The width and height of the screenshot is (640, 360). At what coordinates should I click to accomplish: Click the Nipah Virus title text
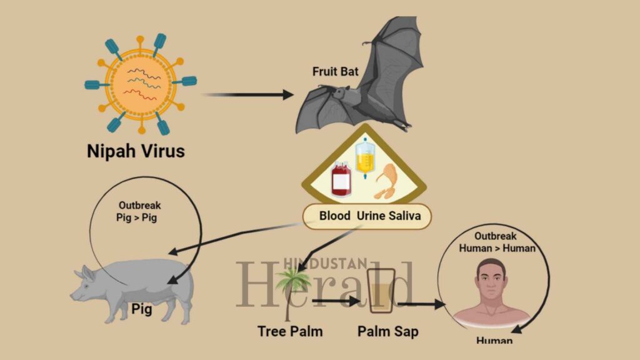click(x=136, y=151)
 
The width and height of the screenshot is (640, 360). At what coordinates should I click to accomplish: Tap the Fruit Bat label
click(x=336, y=71)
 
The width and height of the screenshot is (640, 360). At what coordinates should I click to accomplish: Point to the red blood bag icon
click(x=341, y=179)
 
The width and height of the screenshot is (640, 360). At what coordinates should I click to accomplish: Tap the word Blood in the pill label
click(x=335, y=216)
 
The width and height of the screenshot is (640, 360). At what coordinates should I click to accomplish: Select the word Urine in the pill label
click(x=373, y=216)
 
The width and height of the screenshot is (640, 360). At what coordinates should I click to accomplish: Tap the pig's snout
click(x=75, y=294)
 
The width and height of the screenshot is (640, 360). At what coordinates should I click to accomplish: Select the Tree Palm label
click(x=290, y=331)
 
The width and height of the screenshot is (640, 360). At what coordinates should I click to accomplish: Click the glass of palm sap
click(x=381, y=291)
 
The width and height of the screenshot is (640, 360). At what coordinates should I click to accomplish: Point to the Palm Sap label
click(x=388, y=331)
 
